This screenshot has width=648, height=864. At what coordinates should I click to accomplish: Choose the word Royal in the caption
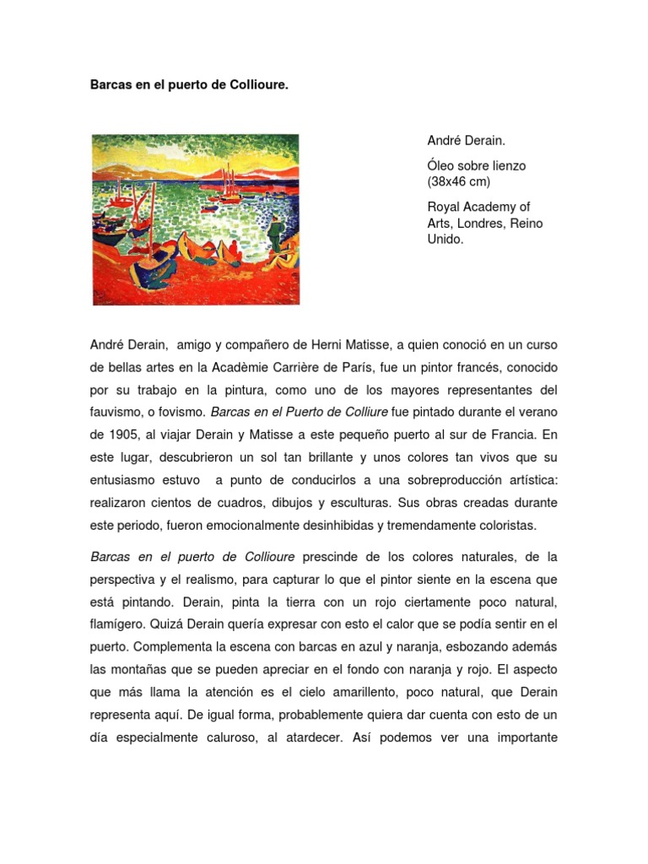point(445,208)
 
